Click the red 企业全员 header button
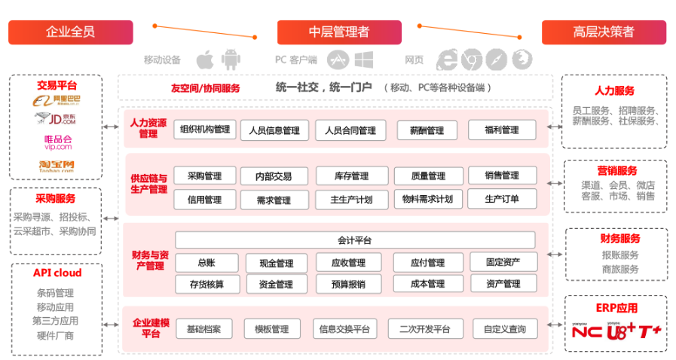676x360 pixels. coord(70,32)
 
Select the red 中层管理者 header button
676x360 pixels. coord(338,32)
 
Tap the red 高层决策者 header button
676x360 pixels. coord(604,32)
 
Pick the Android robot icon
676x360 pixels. coord(230,59)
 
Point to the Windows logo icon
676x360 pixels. coord(364,59)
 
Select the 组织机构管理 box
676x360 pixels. coord(205,129)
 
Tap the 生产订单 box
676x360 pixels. coord(502,200)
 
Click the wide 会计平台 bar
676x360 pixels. coord(355,240)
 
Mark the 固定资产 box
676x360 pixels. coord(503,262)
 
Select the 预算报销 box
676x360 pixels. coord(348,285)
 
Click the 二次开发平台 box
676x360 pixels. coord(424,329)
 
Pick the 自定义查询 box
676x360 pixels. coord(505,329)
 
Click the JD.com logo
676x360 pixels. coord(57,119)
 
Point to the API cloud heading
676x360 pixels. coord(57,273)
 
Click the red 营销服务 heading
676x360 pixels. coord(618,171)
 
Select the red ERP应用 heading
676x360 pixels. coord(616,308)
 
